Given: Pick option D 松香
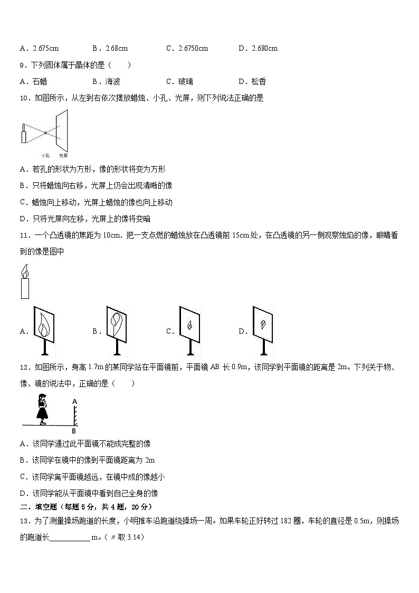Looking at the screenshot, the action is pos(258,81).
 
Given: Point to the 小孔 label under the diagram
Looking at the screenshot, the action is pos(45,156).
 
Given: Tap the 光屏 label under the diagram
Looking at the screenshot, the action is pos(63,156).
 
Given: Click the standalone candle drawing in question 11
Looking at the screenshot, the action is pos(25,282).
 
